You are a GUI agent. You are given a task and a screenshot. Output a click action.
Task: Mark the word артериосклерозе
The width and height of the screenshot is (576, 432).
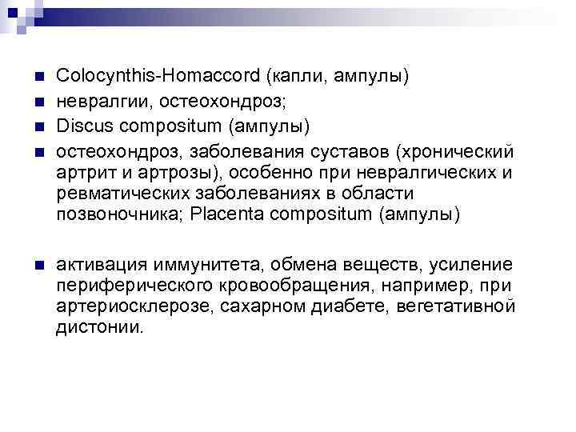tap(118, 307)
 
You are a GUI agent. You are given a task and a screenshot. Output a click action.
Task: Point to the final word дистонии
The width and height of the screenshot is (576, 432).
tap(101, 328)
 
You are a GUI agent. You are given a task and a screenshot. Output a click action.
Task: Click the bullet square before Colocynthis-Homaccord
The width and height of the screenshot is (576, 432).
tap(38, 78)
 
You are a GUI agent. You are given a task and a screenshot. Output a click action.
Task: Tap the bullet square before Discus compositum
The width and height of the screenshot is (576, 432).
tap(38, 127)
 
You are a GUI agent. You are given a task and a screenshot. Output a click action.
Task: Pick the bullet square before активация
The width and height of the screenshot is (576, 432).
tap(38, 266)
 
